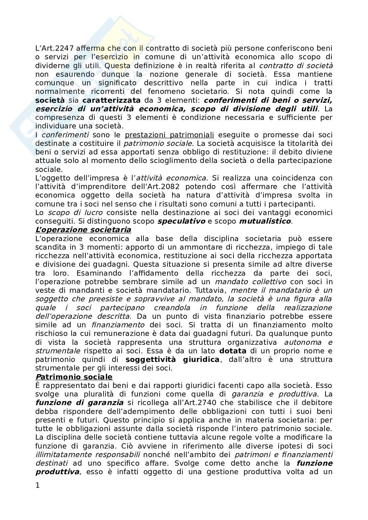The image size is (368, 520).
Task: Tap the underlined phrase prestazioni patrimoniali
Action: click(x=169, y=135)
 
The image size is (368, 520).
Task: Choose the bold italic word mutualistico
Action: click(x=265, y=221)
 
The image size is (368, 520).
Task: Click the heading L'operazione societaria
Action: click(x=83, y=230)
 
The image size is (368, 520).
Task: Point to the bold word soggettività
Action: click(x=150, y=359)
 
